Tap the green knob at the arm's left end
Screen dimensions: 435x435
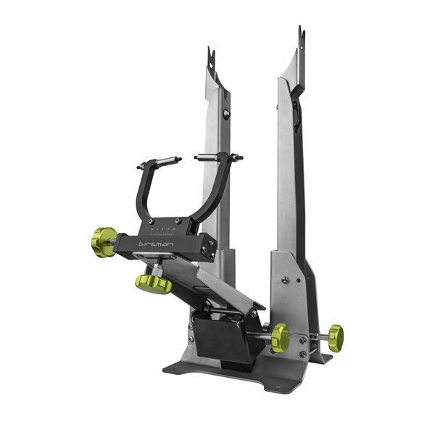pos(104,241)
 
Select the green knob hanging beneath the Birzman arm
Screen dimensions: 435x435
pos(154,282)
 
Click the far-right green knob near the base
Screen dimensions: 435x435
pos(335,335)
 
